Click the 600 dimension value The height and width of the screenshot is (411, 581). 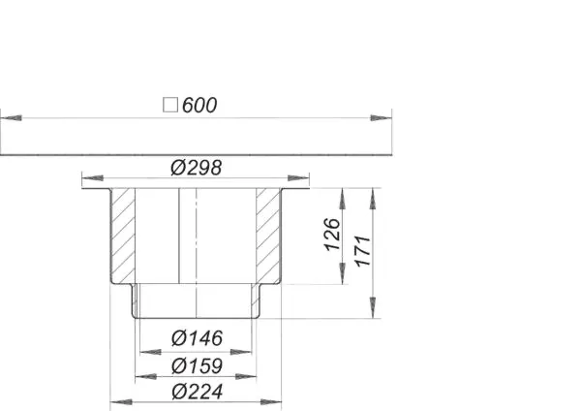coord(199,105)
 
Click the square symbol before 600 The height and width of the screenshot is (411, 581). coord(170,105)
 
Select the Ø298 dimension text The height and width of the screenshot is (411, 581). coord(196,167)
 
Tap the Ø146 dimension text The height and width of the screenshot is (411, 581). coord(196,338)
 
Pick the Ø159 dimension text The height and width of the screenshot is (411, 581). coord(196,365)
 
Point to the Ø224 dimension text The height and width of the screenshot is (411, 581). coord(196,392)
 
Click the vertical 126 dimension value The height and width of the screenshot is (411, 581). coord(331,236)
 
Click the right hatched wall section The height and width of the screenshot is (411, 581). coord(267,234)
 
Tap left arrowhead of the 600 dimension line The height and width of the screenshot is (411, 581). coord(8,118)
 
